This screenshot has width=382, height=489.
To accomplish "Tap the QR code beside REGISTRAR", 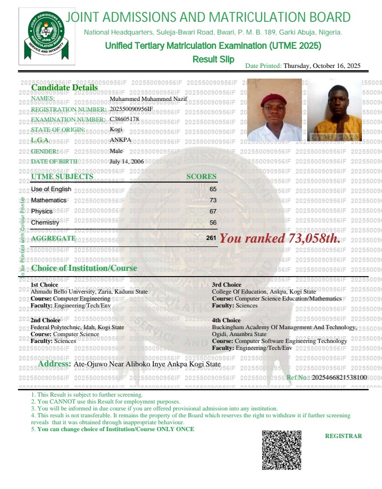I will coord(282,450).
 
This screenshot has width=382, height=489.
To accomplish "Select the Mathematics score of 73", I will coord(213,200).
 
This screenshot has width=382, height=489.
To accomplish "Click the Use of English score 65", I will coord(213,189).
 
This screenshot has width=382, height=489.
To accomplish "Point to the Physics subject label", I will coord(42,211).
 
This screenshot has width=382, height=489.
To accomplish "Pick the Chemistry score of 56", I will coord(213,222).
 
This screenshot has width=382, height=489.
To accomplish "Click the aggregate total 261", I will coord(211,238).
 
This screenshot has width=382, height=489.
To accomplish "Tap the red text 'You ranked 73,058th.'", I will coord(280,238).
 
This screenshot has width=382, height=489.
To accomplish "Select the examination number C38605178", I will coord(124,119).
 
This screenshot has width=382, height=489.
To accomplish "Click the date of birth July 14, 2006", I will coord(126,161).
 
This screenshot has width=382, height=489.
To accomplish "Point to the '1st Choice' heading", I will coord(45,285).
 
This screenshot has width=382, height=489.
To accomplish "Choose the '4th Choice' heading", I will coord(226,321).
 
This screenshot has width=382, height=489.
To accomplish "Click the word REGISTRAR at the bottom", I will coord(343,436).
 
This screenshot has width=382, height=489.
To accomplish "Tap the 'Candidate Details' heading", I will coord(64,87).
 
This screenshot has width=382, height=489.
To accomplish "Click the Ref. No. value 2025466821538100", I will coord(339,377).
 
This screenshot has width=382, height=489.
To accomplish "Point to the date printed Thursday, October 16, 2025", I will coord(322,66).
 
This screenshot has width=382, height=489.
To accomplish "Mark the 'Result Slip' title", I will coord(213,58).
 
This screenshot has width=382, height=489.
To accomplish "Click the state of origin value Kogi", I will coord(115,130).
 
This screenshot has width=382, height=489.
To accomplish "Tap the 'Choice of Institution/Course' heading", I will coord(84,268).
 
